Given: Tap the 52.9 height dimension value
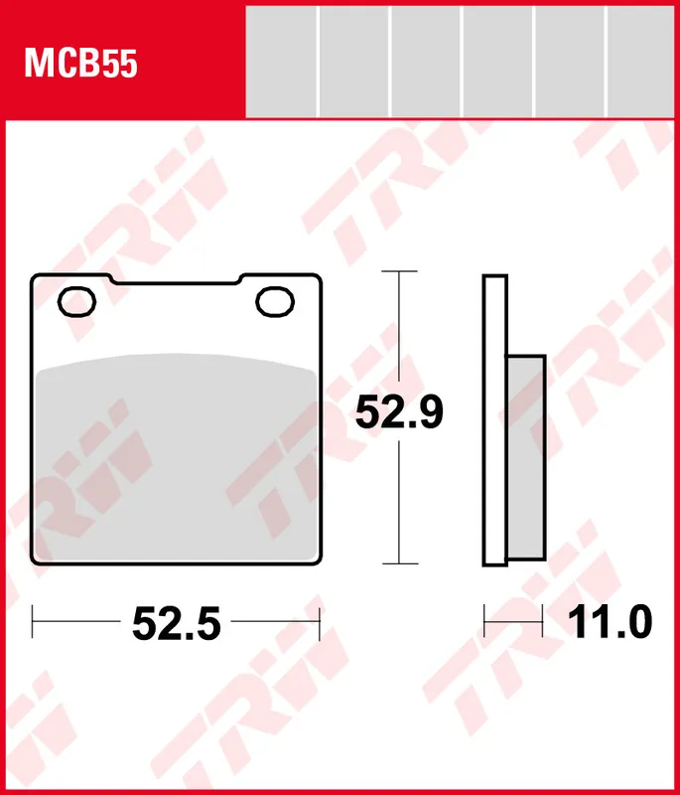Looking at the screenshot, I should tap(399, 413).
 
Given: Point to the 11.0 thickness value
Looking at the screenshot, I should tap(610, 623).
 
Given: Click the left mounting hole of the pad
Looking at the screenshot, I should tap(76, 300).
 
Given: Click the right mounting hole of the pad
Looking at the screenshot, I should tap(274, 302).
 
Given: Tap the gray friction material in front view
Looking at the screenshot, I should tap(179, 457).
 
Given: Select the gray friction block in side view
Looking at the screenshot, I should tap(526, 457).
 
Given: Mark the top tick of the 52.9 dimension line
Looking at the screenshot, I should tap(398, 270).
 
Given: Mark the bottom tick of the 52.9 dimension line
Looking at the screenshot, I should tap(398, 563).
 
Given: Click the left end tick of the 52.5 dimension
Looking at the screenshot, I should tap(34, 624).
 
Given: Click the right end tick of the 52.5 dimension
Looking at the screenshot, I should tap(320, 624).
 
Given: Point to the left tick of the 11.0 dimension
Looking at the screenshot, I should tap(484, 623).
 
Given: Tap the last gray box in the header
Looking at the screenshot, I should tap(641, 61).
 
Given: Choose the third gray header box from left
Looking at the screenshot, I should tap(426, 61).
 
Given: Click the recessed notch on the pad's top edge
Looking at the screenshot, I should tap(179, 284).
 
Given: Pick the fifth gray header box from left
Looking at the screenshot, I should tap(571, 61).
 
